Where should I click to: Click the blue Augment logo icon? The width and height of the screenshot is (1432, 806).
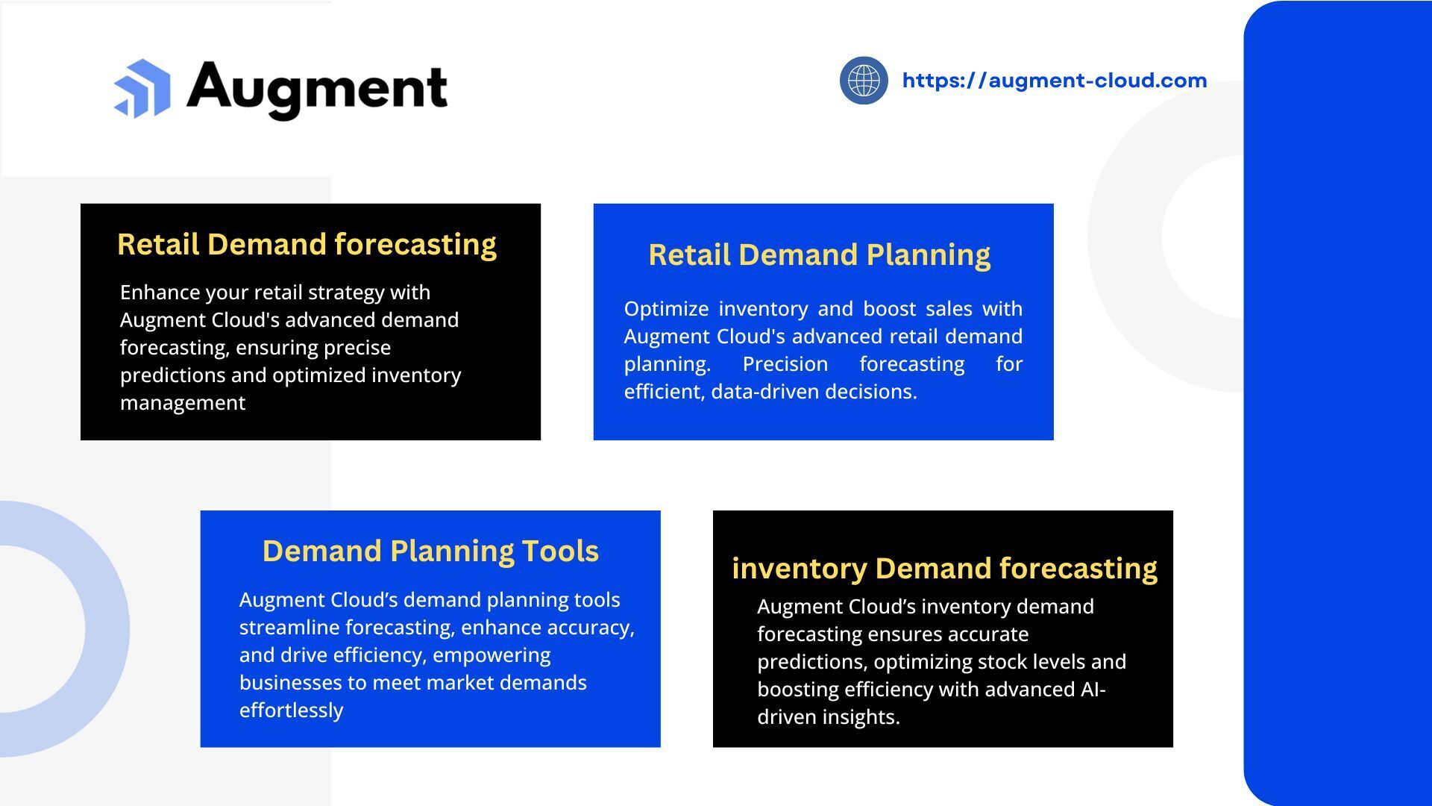[x=142, y=89]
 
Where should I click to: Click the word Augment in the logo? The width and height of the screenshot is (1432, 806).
[x=317, y=89]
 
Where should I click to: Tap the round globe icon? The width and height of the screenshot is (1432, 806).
[x=864, y=80]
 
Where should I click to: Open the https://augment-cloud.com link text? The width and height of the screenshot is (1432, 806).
[x=1054, y=81]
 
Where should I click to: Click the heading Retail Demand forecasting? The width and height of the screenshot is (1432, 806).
[x=307, y=245]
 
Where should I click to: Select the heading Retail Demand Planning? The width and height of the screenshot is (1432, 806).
[x=819, y=255]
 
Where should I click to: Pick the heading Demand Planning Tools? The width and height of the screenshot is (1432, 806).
[x=430, y=552]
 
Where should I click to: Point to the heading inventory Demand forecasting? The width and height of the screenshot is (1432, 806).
[x=944, y=569]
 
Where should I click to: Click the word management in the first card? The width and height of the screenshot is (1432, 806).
[x=183, y=403]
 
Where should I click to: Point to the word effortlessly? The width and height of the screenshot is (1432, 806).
[x=291, y=710]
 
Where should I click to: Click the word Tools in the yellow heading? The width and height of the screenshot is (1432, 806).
[x=560, y=552]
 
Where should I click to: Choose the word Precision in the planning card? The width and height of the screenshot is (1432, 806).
[x=785, y=364]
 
